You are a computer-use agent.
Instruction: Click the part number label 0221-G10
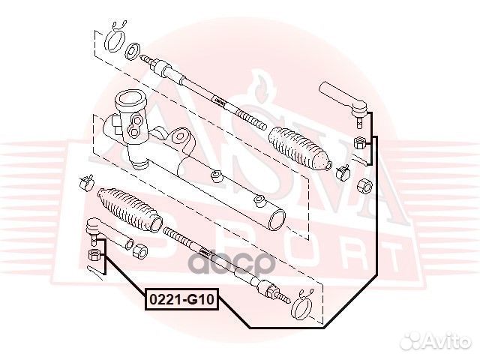point(182,299)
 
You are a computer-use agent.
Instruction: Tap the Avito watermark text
point(448,340)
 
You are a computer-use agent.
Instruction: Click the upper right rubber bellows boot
point(300,148)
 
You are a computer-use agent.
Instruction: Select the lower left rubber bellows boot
point(130,209)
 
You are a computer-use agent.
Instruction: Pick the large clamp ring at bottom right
point(301,307)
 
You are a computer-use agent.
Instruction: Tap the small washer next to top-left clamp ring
point(133,51)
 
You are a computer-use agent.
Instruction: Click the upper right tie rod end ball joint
point(346,103)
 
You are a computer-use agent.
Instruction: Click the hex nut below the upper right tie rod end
point(359,142)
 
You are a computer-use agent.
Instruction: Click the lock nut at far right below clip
point(365,185)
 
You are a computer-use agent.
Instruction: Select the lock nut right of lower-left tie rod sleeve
point(140,250)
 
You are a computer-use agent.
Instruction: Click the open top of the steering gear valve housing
point(130,98)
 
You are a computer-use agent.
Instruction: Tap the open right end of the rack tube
point(277,220)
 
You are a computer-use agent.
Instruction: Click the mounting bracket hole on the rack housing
point(179,136)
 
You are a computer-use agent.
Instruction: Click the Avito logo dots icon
point(412,340)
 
